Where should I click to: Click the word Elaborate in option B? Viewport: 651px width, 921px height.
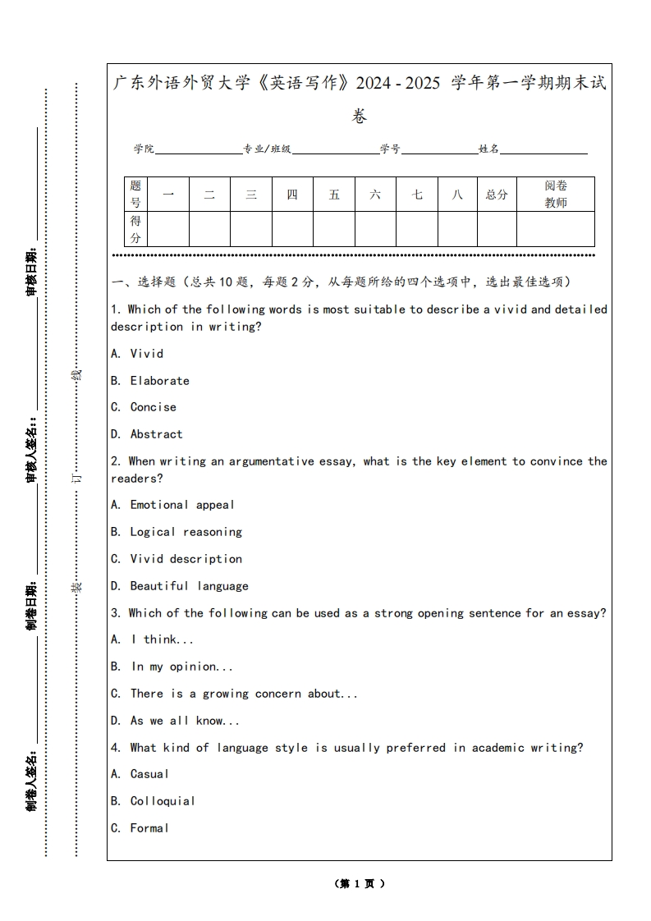coord(159,381)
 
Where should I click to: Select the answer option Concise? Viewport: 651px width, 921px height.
coord(153,407)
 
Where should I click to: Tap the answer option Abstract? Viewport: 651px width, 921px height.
coord(156,434)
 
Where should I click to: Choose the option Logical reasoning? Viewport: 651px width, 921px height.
coord(186,532)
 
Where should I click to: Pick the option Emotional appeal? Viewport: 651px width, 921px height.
coord(181,505)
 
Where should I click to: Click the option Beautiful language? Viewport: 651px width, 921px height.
coord(189,586)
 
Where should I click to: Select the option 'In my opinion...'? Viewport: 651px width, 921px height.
coord(182,667)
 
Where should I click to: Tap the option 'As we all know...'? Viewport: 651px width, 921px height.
coord(185,721)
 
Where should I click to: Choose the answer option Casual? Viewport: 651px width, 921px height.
coord(149,774)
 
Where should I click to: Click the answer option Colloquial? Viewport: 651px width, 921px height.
coord(163,801)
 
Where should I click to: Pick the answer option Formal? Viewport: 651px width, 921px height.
coord(149,828)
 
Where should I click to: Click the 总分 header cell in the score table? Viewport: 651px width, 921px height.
coord(497,195)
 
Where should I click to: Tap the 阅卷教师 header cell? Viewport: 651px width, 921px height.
coord(556,195)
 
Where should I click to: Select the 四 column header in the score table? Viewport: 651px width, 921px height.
coord(292,195)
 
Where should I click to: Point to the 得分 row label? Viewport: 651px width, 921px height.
coord(135,229)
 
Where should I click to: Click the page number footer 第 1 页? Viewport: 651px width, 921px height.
coord(360,884)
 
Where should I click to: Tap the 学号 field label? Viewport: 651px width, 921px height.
coord(390,149)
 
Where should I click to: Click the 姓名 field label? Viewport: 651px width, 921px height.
coord(489,149)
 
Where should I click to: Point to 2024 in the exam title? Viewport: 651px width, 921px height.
coord(386,83)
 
